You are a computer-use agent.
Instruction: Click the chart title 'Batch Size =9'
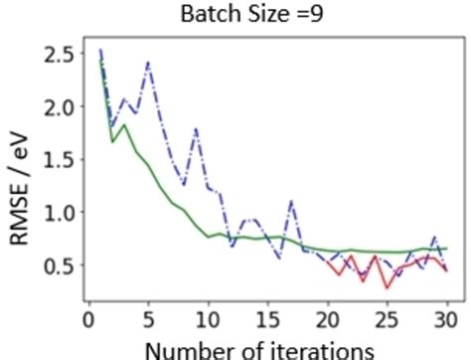[245, 15]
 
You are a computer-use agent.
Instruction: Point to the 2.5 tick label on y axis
[61, 54]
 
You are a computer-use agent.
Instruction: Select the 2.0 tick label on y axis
[61, 106]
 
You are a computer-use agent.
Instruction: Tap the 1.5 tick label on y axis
[61, 159]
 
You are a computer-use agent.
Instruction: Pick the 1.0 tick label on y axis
[61, 212]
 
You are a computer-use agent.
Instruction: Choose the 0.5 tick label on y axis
[61, 265]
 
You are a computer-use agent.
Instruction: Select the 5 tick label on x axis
[148, 317]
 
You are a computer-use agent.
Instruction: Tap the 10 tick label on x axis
[209, 317]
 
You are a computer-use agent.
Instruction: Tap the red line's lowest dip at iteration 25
[387, 287]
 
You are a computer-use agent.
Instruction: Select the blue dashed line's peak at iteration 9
[196, 129]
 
